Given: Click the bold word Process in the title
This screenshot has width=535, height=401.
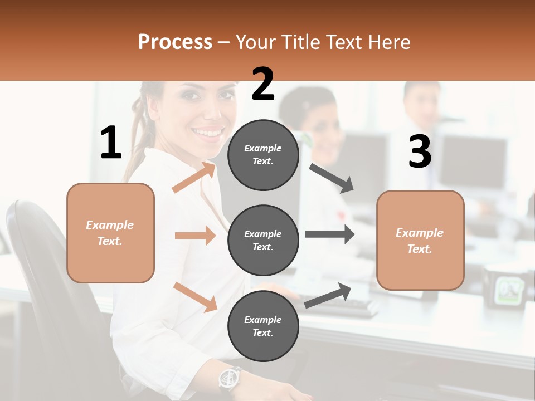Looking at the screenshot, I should click(x=175, y=42).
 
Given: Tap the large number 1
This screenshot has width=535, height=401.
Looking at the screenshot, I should click(x=111, y=143).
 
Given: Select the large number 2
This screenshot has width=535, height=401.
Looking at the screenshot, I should click(x=263, y=84).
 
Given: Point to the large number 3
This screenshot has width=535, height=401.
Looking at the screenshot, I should click(x=420, y=151).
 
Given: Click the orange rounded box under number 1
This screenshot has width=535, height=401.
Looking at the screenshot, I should click(x=110, y=233).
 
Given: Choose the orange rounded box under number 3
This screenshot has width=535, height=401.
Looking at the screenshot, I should click(x=420, y=240).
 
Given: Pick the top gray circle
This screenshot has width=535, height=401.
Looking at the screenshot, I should click(x=263, y=155).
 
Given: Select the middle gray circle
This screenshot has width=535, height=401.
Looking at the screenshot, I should click(x=263, y=240).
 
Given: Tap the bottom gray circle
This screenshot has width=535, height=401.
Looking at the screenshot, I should click(x=263, y=326).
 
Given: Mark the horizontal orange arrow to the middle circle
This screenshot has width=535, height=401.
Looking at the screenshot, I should click(x=195, y=236).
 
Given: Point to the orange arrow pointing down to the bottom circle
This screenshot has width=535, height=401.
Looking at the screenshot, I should click(x=195, y=296).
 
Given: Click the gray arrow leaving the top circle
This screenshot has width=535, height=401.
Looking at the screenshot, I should click(x=332, y=178).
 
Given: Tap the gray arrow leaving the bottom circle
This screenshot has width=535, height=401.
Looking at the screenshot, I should click(x=328, y=295).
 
